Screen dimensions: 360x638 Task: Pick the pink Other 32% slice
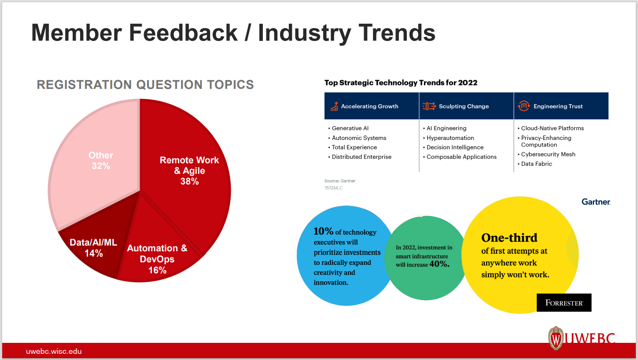(101, 160)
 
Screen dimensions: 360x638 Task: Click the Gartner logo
(596, 202)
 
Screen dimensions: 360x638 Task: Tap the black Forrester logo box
(564, 303)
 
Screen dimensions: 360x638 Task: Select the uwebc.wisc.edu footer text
(54, 351)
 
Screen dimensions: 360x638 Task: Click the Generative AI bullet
(350, 128)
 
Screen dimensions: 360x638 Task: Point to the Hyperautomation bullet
(450, 138)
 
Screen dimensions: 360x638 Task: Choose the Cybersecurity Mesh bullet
(548, 154)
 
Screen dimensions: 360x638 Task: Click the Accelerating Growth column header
(369, 106)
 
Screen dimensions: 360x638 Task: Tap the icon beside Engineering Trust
(523, 106)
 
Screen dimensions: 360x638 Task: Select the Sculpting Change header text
(464, 106)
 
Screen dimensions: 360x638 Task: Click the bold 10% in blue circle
(323, 231)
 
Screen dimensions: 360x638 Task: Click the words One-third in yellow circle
(509, 238)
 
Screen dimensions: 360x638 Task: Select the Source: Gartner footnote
(339, 181)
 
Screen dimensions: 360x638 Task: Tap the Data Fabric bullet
(536, 164)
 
